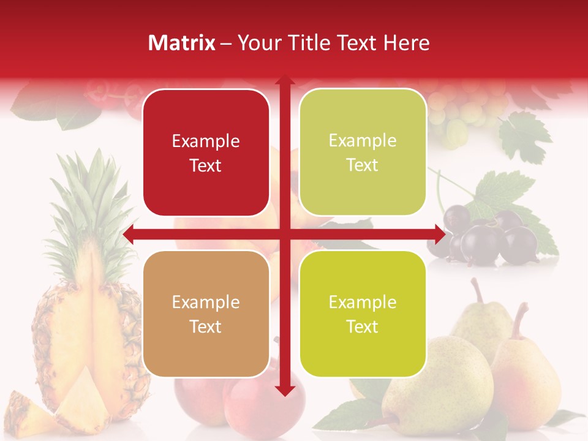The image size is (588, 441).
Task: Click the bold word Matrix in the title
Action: click(x=182, y=43)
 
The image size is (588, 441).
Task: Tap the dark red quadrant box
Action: click(x=206, y=153)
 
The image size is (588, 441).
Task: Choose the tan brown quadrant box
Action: click(x=206, y=314)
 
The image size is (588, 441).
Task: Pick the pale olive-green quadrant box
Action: click(x=363, y=153)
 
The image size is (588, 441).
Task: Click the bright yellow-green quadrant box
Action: click(x=363, y=314)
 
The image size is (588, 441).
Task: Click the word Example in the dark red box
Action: click(x=206, y=141)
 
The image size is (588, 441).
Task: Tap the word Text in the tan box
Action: click(x=206, y=326)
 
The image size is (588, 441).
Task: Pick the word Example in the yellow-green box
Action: click(x=363, y=302)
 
